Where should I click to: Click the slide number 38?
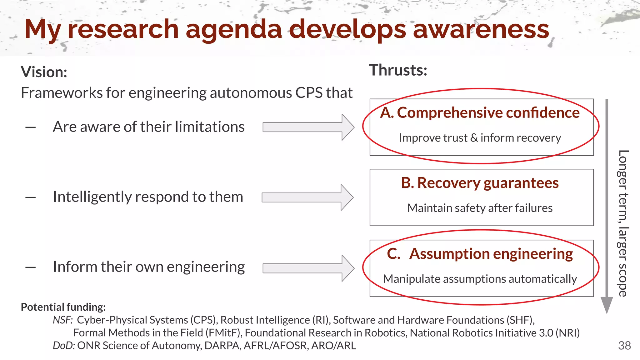click(x=624, y=346)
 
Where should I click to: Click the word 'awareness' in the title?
click(x=481, y=29)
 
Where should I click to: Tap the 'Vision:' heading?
click(x=44, y=72)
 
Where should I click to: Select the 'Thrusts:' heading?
click(x=398, y=70)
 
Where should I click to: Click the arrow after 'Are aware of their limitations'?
click(x=308, y=127)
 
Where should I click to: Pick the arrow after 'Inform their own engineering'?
click(x=308, y=268)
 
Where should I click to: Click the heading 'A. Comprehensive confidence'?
click(x=480, y=113)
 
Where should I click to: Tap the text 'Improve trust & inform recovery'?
click(x=480, y=138)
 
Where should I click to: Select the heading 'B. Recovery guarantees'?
click(x=480, y=183)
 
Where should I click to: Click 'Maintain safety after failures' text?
click(x=480, y=208)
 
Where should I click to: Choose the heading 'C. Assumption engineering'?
click(x=480, y=254)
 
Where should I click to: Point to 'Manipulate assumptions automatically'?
click(x=480, y=279)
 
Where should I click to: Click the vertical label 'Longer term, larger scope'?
click(x=622, y=223)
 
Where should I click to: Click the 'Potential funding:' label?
click(x=63, y=307)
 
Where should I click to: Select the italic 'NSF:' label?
click(x=62, y=320)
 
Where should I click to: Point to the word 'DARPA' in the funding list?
click(x=222, y=346)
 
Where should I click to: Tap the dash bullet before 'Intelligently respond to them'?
click(x=30, y=197)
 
